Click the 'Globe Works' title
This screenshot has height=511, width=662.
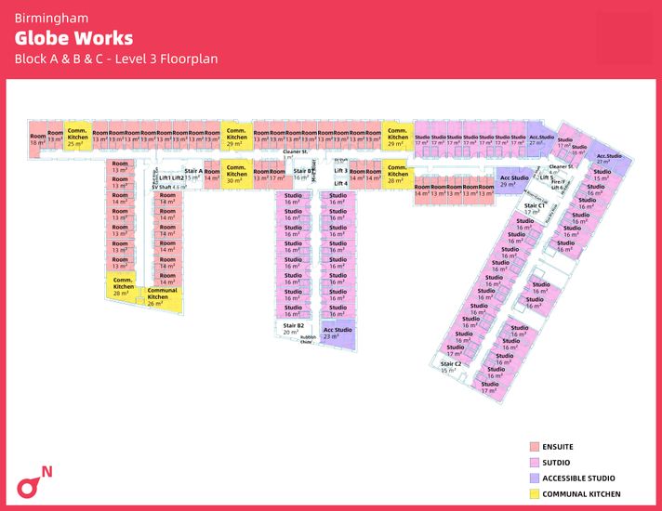(x=73, y=38)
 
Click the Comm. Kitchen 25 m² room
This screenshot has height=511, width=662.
(x=78, y=138)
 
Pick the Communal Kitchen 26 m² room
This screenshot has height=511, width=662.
(x=163, y=296)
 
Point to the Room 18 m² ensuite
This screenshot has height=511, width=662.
(x=37, y=138)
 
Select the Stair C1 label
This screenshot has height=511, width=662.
(x=533, y=207)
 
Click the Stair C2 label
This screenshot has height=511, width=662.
(x=451, y=366)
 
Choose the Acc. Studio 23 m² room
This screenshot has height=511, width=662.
(x=338, y=333)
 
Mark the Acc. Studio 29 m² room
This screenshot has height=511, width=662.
(x=514, y=180)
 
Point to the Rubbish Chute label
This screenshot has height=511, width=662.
(x=308, y=340)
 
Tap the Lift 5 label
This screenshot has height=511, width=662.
(x=546, y=177)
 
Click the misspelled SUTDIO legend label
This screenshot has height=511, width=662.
(x=559, y=462)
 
